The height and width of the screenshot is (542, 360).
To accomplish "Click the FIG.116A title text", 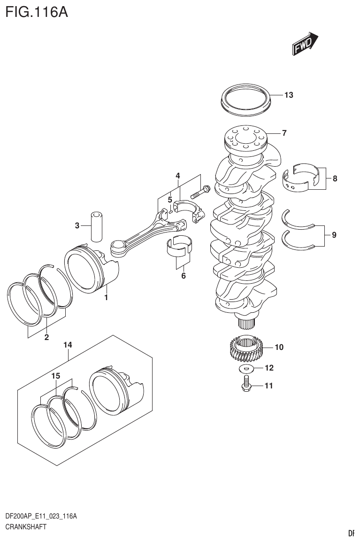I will pyautogui.click(x=37, y=11).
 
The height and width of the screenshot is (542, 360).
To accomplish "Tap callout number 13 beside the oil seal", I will pyautogui.click(x=288, y=95).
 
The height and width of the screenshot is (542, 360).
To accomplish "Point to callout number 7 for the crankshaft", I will pyautogui.click(x=284, y=133).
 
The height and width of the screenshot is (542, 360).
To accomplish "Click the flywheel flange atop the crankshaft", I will pyautogui.click(x=245, y=137).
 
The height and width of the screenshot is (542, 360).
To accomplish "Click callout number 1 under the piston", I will pyautogui.click(x=106, y=297).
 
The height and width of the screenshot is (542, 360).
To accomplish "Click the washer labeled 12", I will pyautogui.click(x=246, y=368).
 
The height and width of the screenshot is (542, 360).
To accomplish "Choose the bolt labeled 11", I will pyautogui.click(x=246, y=385).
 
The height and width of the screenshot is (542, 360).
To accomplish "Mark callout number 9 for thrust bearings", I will pyautogui.click(x=334, y=234).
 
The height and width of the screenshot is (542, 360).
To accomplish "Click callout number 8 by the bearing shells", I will pyautogui.click(x=335, y=178).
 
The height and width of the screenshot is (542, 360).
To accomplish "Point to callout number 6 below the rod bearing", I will pyautogui.click(x=183, y=276).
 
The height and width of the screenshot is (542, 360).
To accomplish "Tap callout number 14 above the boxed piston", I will pyautogui.click(x=68, y=345).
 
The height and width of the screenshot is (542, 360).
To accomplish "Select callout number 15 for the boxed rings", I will pyautogui.click(x=56, y=376).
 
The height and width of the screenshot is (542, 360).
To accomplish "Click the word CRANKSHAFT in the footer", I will pyautogui.click(x=25, y=527).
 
